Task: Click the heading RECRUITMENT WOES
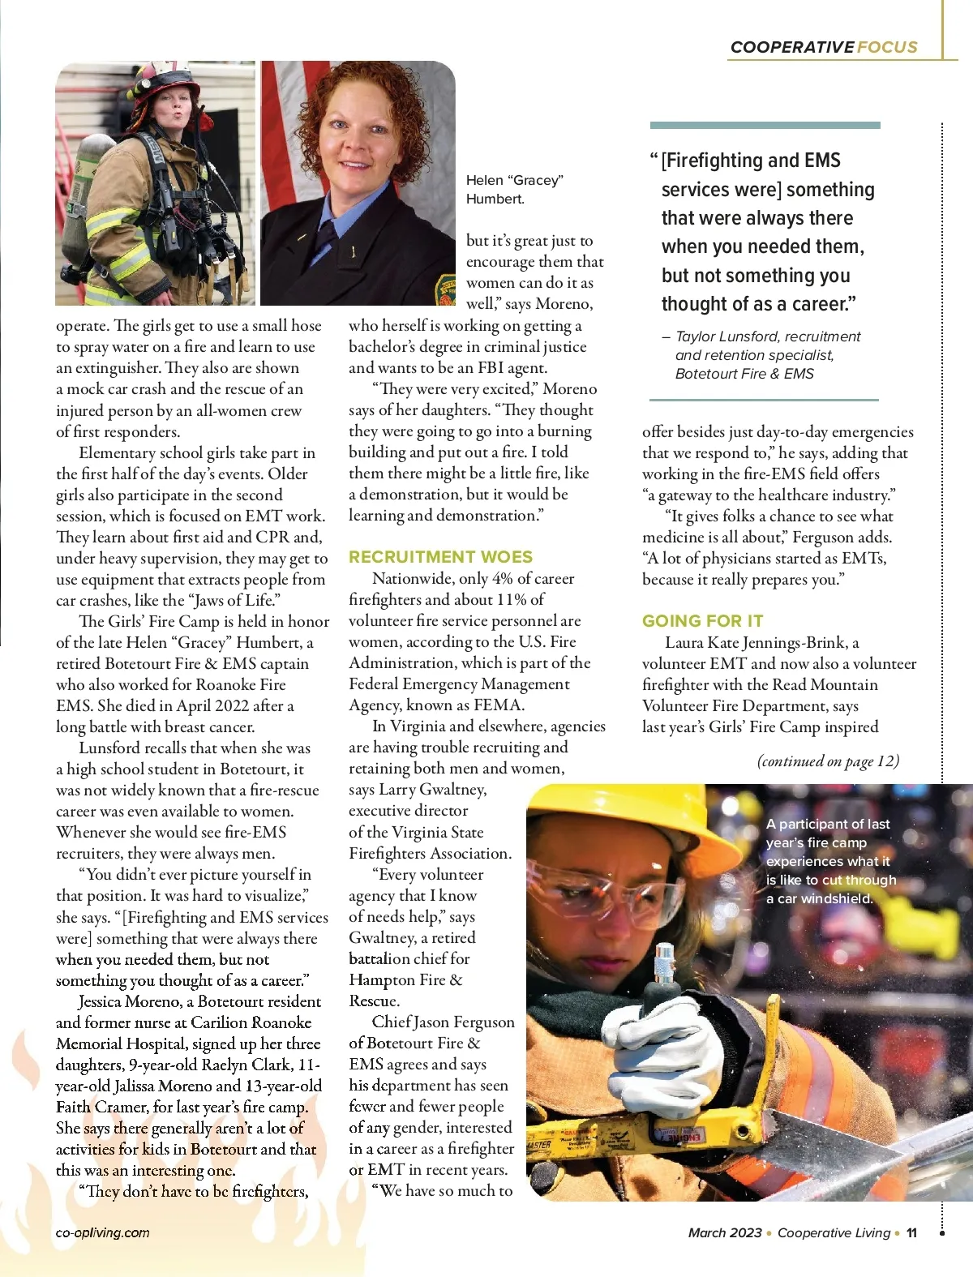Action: pos(440,557)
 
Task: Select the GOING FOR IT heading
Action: pos(702,621)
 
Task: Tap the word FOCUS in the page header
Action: pos(887,47)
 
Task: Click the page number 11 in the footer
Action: pos(911,1232)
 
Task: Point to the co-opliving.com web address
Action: pos(102,1232)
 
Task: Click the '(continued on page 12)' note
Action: pos(828,761)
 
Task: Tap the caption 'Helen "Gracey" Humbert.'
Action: pos(514,189)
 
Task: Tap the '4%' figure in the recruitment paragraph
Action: pos(503,579)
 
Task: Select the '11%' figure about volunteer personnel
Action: pos(512,600)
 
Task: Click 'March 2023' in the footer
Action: pos(724,1232)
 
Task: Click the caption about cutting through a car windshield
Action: pos(830,861)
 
